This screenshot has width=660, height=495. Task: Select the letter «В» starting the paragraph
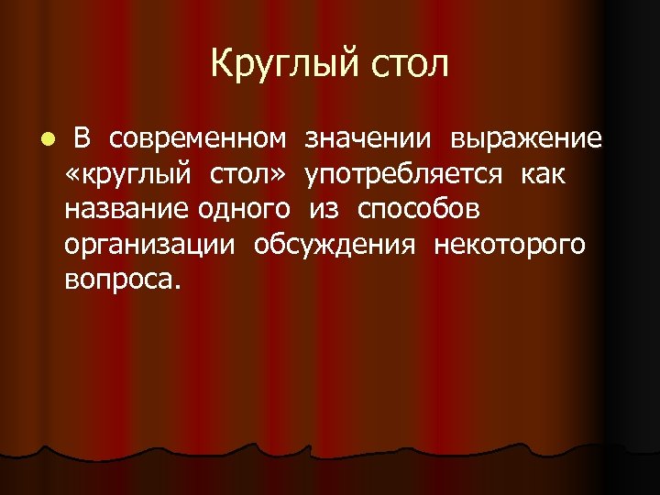coord(82,138)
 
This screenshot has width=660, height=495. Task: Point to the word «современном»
coord(197,139)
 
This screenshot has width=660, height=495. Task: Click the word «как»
coord(544,174)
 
